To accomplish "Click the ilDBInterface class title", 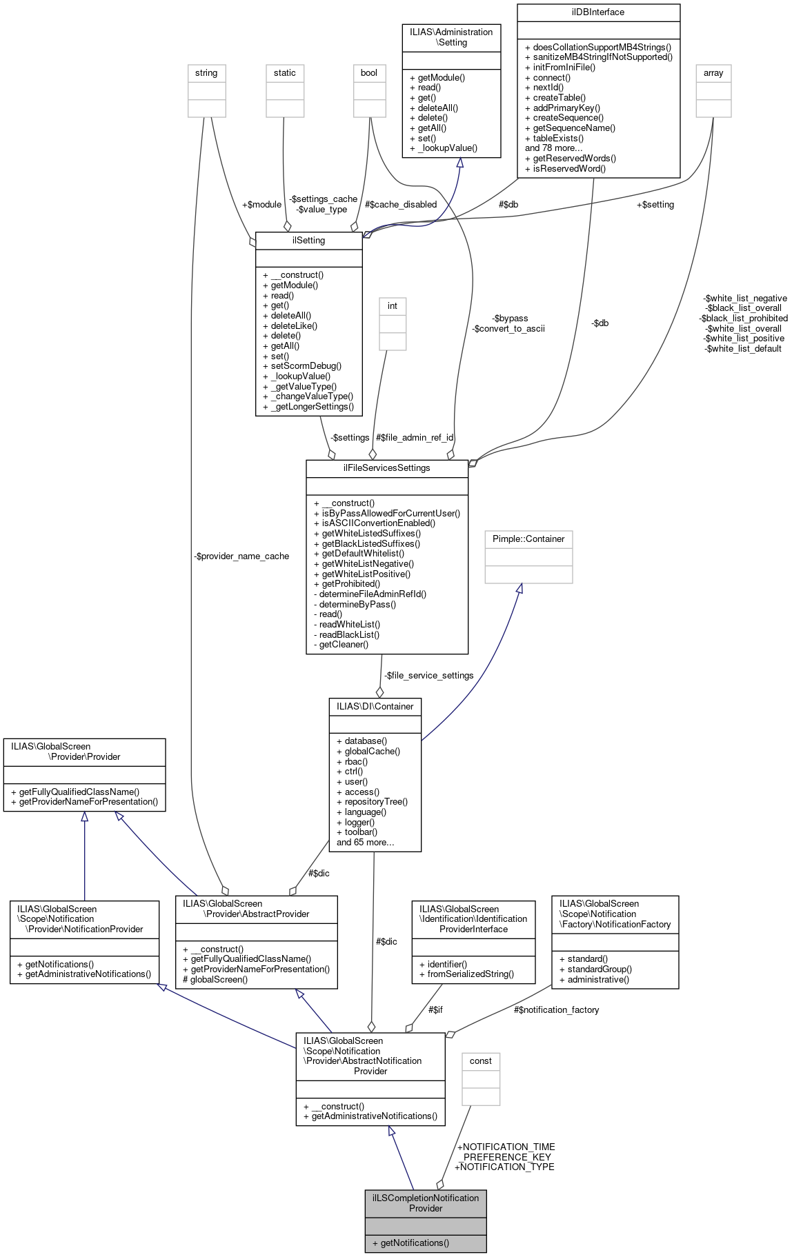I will (598, 12).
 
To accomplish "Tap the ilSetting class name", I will (308, 240).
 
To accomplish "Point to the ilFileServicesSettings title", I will (386, 467).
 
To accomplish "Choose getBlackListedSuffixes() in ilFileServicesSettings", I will (370, 543).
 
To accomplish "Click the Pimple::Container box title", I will (528, 539).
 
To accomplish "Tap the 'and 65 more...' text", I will (365, 842).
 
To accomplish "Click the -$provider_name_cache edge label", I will (241, 556).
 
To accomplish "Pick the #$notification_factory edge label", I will (556, 1009).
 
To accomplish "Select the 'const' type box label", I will (480, 1060).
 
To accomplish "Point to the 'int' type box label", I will (392, 305).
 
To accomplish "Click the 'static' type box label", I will (284, 72).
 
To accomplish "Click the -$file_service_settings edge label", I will (428, 675).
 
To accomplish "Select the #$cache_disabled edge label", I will (401, 204).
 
